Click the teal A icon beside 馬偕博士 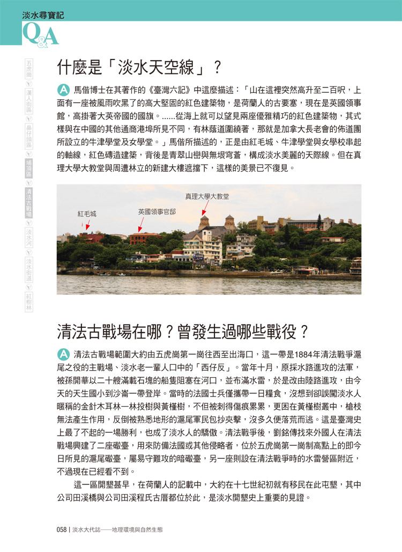(63, 89)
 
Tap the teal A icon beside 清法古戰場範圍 (63, 354)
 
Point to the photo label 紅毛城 (87, 214)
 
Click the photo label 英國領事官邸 (157, 211)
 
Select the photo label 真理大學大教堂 (207, 197)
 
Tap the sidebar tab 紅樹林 (29, 303)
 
